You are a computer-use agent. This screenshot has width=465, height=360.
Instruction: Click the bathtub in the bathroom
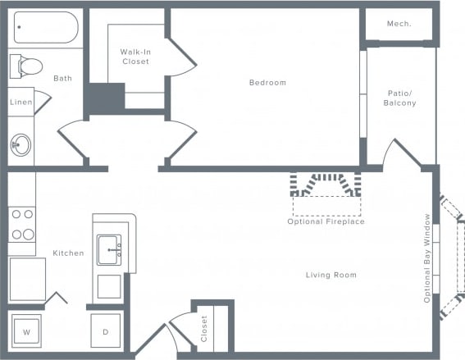[45, 28]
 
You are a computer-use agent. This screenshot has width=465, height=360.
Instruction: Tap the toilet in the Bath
[28, 66]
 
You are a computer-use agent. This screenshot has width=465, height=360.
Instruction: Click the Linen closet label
[21, 102]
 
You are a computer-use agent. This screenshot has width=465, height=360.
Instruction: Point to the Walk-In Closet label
[135, 57]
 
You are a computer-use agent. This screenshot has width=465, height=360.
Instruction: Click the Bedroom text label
[267, 82]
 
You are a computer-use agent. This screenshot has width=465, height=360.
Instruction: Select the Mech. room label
[399, 24]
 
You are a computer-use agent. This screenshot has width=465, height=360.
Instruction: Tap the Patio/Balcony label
[401, 98]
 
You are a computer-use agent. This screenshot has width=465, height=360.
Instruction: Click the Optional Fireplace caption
[326, 221]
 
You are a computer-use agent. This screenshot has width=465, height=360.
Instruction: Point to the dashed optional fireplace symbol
[326, 187]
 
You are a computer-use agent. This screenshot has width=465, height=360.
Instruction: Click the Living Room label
[331, 275]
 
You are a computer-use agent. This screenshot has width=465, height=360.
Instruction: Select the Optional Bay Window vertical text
[427, 258]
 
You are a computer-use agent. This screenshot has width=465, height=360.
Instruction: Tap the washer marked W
[26, 332]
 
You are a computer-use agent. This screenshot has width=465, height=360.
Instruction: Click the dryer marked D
[105, 332]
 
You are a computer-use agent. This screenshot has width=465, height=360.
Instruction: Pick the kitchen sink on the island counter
[109, 249]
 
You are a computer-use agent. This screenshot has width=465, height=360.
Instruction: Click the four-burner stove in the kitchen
[22, 224]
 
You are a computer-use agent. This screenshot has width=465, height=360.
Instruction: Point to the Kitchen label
[68, 253]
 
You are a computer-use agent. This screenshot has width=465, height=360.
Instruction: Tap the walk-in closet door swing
[182, 57]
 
